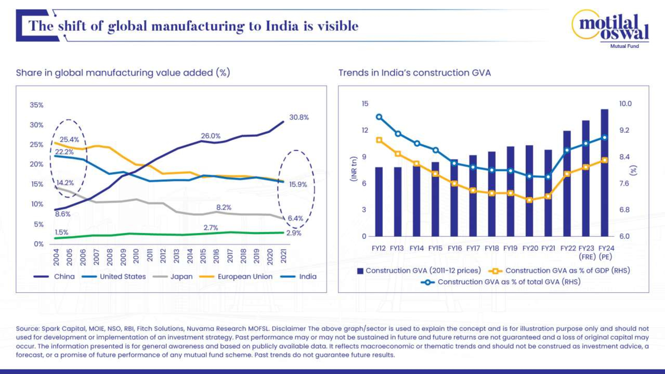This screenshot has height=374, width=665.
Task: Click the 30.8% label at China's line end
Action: [299, 118]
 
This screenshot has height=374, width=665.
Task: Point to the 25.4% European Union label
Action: [69, 140]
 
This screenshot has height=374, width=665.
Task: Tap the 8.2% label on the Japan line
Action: [224, 207]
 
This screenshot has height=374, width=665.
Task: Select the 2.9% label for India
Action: [294, 233]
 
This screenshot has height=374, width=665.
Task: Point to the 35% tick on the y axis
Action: [36, 105]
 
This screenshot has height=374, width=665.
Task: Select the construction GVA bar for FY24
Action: [604, 173]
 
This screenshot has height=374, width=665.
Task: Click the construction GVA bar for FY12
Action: [379, 202]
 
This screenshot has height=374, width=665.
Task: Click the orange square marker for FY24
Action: [604, 160]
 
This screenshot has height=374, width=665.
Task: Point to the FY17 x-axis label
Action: [473, 248]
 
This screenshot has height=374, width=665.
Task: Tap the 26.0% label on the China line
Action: [211, 136]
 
